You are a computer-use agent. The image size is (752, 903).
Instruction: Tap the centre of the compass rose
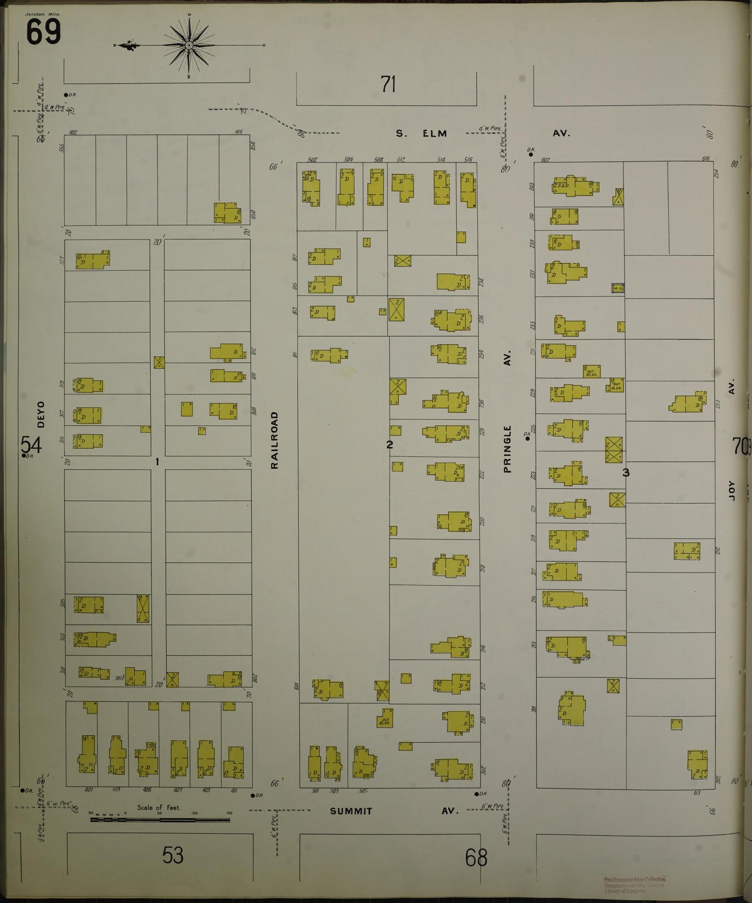point(189,46)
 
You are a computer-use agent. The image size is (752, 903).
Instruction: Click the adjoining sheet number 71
point(388,84)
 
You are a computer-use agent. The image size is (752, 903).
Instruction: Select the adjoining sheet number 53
point(172,855)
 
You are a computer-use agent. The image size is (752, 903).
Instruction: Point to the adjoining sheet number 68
point(476,858)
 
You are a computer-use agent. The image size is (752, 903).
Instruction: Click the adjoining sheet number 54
point(31,445)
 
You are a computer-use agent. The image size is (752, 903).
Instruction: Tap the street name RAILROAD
point(274,440)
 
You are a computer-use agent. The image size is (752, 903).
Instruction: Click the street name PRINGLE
point(507,449)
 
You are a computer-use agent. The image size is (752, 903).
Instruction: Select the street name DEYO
point(41,414)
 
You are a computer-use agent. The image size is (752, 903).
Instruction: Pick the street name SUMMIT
point(351,811)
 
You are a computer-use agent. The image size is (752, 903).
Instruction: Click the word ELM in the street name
point(435,133)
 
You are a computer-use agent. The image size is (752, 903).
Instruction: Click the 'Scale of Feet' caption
point(158,808)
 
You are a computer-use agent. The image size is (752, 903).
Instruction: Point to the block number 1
point(157,461)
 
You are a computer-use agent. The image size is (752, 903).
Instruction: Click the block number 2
point(389,444)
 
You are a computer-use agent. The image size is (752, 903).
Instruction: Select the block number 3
point(626,473)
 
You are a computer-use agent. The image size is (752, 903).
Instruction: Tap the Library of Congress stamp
point(634,885)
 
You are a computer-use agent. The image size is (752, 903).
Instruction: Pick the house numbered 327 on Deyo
point(93,260)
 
